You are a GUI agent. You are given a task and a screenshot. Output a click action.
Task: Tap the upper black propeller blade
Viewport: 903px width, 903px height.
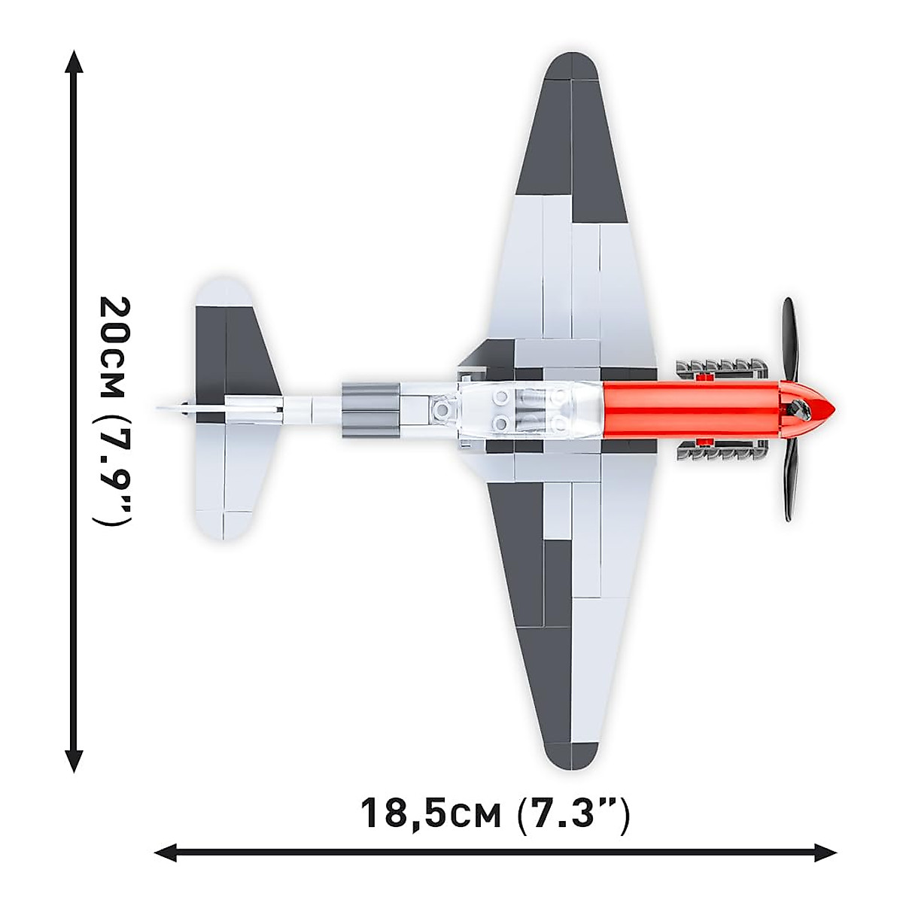click(x=788, y=339)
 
